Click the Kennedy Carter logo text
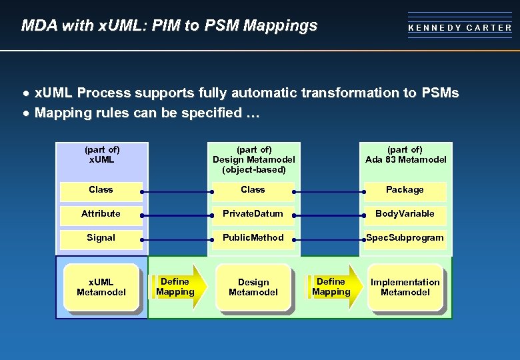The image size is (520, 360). [460, 28]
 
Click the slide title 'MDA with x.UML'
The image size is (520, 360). [169, 26]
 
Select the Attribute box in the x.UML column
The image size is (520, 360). [101, 214]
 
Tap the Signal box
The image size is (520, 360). [101, 238]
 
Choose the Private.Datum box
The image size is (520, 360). [253, 214]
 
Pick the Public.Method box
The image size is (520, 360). [253, 238]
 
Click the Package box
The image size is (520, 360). [405, 190]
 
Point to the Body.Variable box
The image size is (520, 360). [405, 214]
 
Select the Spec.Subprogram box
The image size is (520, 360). [405, 238]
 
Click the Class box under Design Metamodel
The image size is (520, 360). [253, 190]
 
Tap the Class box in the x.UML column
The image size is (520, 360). [101, 190]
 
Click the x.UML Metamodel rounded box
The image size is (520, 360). [101, 287]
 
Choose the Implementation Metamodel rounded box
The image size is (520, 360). [405, 287]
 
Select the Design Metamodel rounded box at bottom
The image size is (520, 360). [253, 287]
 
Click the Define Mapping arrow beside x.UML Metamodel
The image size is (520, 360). [175, 287]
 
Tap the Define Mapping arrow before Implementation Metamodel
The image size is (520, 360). [331, 287]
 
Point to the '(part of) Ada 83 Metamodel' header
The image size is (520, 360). [405, 155]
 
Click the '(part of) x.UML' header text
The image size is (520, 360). [102, 155]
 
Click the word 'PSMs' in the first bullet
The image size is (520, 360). [437, 93]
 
